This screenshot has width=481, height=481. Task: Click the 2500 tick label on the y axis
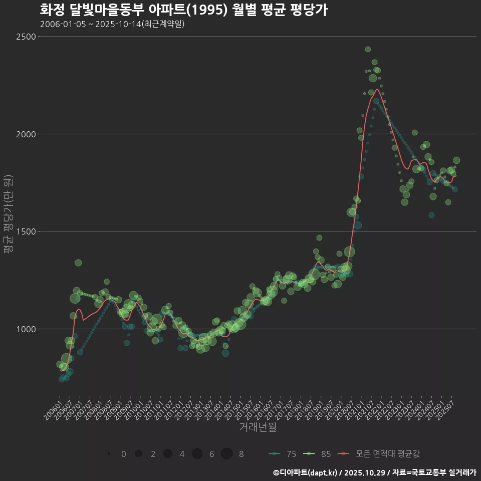coord(25,37)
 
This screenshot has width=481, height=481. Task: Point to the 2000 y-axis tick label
coord(25,134)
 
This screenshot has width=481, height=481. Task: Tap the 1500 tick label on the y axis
coord(25,231)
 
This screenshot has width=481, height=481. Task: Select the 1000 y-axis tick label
coord(25,329)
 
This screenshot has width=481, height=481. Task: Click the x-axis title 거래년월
coord(258,427)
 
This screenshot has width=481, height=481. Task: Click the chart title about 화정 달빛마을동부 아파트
coord(183,10)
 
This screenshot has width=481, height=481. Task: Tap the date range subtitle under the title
coord(112,24)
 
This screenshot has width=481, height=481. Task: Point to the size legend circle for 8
coord(226,454)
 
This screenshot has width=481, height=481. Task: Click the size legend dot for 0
coord(109,454)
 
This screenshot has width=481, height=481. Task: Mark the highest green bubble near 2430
coord(368,49)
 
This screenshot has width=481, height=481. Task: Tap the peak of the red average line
coord(377,90)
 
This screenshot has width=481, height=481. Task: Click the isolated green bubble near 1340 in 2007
coord(78,263)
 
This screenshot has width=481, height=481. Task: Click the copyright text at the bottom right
coord(374,472)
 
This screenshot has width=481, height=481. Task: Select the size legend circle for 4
coord(168,454)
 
